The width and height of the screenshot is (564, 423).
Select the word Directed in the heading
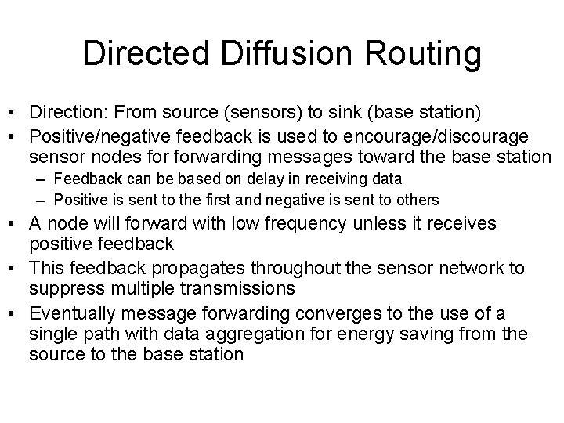click(146, 54)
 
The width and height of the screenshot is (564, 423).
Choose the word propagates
click(226, 269)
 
